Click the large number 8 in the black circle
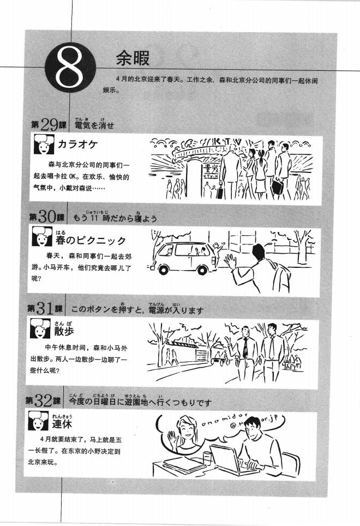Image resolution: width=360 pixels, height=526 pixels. click(x=69, y=71)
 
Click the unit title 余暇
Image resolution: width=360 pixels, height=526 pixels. click(x=133, y=58)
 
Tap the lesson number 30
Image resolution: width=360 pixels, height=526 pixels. click(x=49, y=217)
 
